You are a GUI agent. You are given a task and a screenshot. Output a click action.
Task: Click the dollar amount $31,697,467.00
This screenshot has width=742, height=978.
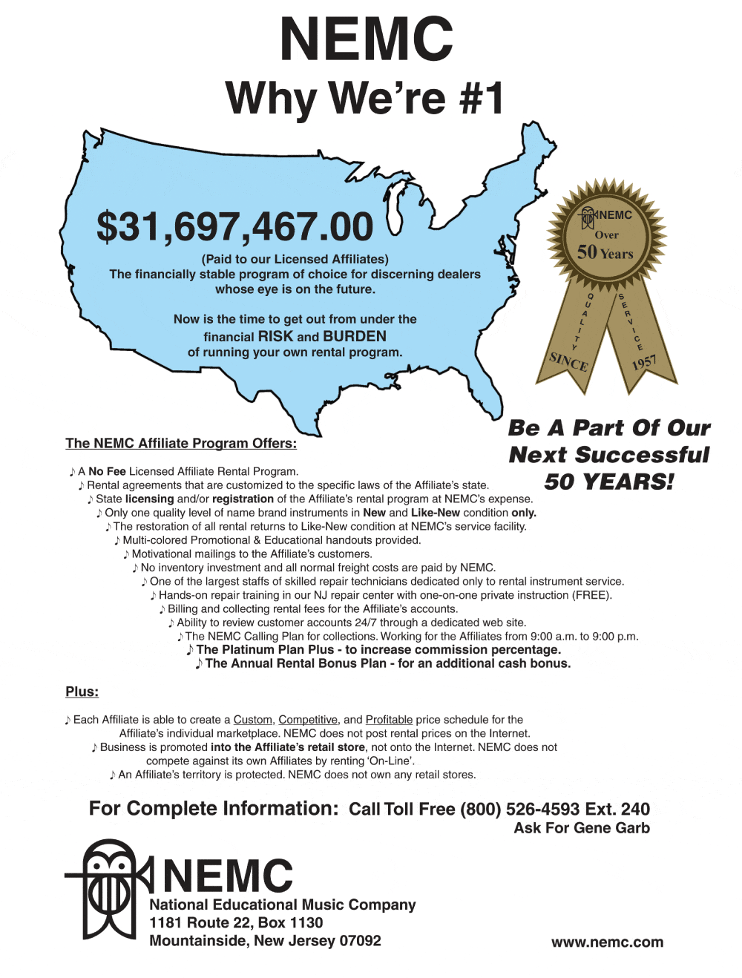234,227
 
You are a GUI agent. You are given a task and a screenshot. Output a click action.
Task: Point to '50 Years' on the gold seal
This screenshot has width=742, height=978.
605,252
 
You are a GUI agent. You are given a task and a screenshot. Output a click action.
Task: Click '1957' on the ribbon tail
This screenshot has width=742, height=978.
644,362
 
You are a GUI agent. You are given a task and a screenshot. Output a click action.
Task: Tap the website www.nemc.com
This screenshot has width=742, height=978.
607,942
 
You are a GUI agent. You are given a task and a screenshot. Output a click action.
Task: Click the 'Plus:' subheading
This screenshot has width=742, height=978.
82,692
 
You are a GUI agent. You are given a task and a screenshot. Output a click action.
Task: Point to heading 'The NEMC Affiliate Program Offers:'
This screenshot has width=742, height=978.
181,443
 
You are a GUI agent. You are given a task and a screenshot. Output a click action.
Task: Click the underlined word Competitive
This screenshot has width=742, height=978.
308,720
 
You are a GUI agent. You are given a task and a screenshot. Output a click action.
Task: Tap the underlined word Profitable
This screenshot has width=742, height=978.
389,720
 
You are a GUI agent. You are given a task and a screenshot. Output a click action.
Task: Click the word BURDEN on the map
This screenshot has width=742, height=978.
355,336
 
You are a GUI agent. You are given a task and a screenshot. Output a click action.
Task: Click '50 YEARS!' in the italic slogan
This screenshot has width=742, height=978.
609,482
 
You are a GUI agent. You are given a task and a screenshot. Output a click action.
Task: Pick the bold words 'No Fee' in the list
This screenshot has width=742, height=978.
107,471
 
